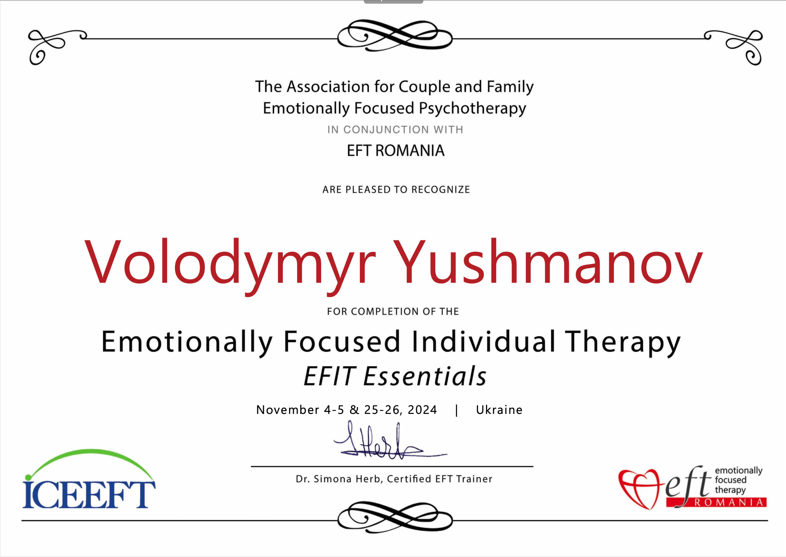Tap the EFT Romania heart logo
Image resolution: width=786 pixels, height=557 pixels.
tap(692, 487)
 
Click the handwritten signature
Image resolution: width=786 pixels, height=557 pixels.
tap(390, 440)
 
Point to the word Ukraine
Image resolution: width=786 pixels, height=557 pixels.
tap(499, 410)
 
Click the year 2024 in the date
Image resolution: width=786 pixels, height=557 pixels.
tap(422, 410)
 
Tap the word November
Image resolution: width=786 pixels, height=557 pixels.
tap(288, 410)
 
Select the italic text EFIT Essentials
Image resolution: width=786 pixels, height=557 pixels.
tap(395, 376)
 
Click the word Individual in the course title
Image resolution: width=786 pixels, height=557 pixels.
tap(483, 342)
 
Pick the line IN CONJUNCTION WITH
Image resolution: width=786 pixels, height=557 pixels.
tap(395, 130)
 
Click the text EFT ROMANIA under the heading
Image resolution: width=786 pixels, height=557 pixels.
tap(395, 150)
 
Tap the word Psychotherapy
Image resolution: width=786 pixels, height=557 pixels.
tap(472, 109)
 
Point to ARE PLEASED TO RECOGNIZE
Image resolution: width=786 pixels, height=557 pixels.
tap(396, 190)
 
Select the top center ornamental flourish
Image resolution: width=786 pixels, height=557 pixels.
tap(395, 35)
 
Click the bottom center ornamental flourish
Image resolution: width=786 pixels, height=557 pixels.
tap(395, 517)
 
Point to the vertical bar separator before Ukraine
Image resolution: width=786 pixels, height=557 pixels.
tap(457, 410)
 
